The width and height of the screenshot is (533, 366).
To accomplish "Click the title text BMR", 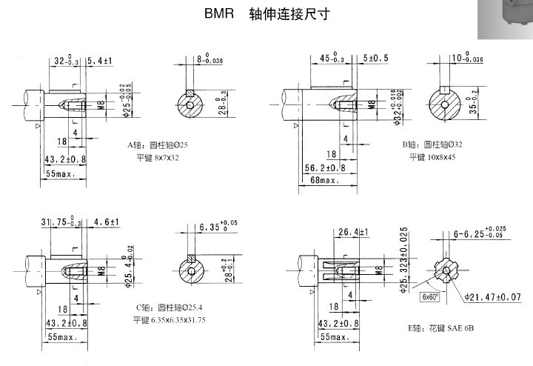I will point(219,14).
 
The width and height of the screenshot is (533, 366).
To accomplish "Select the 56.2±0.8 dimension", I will point(326,167).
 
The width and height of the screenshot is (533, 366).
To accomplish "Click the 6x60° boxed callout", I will point(430,296).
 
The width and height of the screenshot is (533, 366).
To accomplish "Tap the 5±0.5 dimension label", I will point(377,59).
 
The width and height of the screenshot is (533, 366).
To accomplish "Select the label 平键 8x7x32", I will point(158,159).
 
